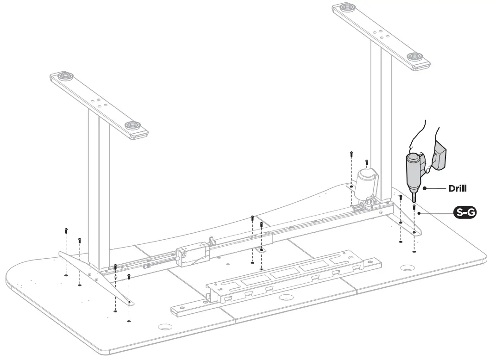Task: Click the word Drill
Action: coord(457,188)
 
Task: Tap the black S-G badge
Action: coord(465,213)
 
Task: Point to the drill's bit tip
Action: coord(414,199)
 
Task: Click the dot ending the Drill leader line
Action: coord(425,188)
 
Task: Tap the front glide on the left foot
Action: coord(132,125)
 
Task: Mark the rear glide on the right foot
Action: coord(344,8)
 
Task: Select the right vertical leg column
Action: coord(381,125)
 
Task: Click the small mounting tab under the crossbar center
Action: coord(262,249)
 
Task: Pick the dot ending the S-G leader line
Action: coord(419,213)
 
